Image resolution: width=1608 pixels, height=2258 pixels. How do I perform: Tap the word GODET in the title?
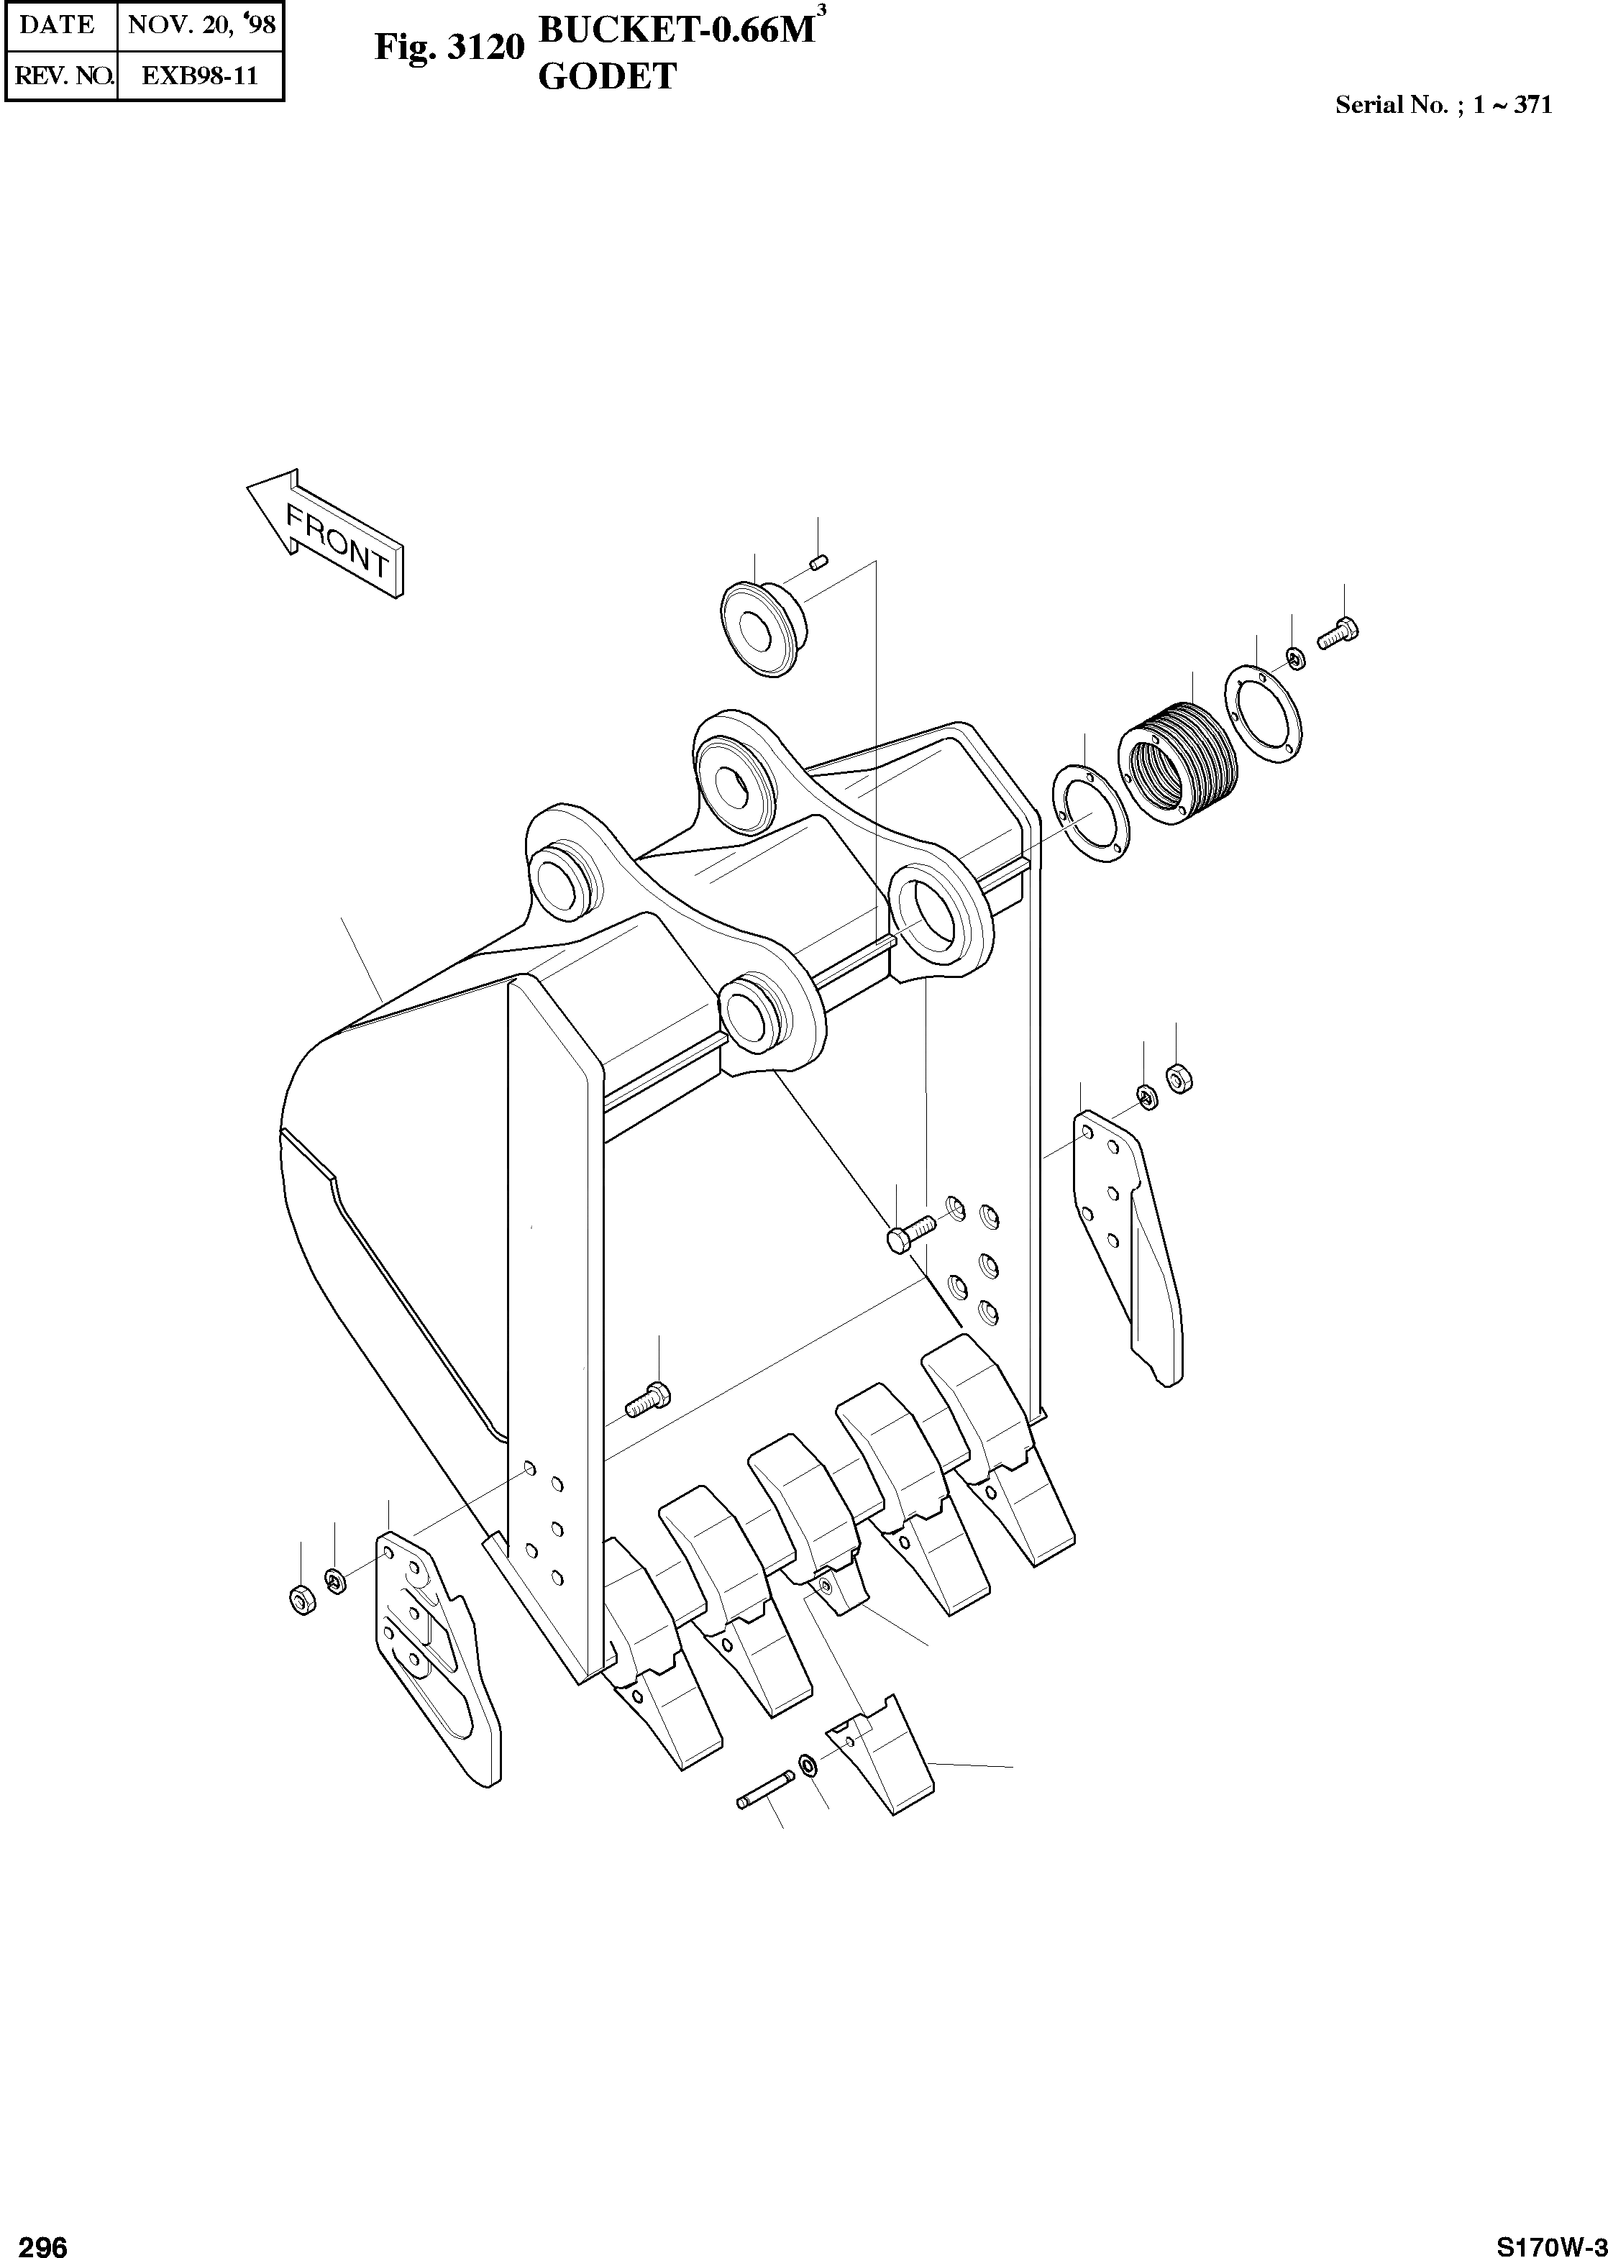point(607,77)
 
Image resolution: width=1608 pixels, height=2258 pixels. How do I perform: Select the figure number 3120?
point(485,47)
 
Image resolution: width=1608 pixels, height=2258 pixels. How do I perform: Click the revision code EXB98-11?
point(200,76)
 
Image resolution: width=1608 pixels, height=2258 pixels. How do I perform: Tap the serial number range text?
point(1443,105)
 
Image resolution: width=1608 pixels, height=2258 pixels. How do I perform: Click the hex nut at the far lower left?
point(301,1598)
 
